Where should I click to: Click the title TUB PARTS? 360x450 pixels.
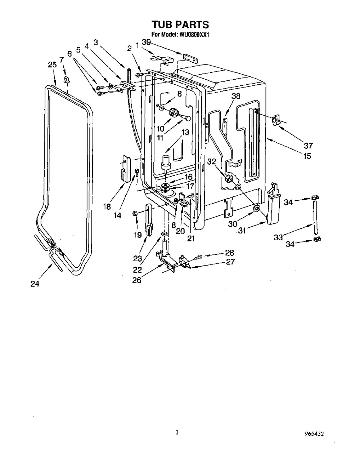coord(180,24)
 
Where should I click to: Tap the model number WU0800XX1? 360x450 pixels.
coord(193,35)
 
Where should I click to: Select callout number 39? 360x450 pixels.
coord(146,42)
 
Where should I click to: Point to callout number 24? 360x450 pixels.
coord(35,284)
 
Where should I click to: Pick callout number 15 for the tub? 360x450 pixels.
coord(307,156)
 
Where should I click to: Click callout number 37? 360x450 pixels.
coord(308,145)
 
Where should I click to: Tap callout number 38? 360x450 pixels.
coord(236,96)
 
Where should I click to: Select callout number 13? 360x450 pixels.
coord(185,132)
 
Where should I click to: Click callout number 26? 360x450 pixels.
coord(137,280)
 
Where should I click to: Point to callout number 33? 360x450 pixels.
coord(278,237)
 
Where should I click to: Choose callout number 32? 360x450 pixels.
coord(211,161)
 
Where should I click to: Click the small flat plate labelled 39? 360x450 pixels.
coord(190,59)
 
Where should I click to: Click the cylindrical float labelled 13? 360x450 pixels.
coord(166,162)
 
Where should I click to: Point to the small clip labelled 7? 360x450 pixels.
coord(67,79)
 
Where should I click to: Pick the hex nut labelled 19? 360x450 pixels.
coord(135,213)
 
